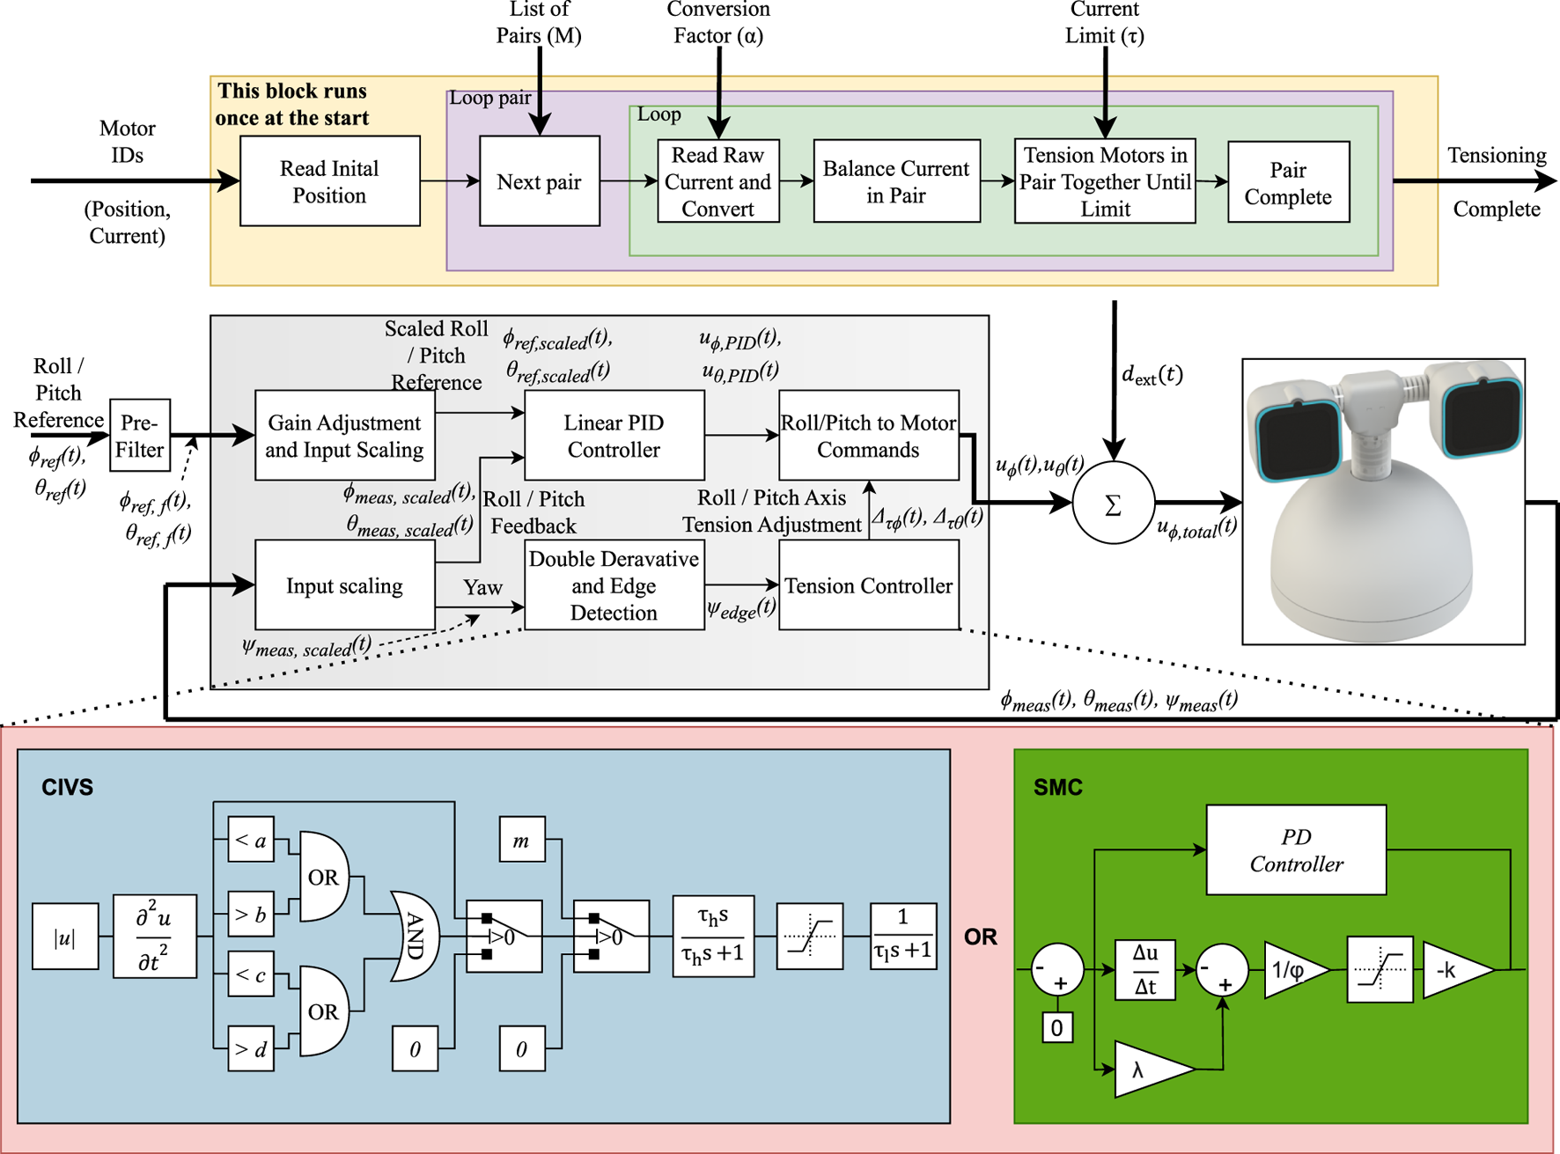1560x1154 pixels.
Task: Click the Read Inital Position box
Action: [x=329, y=181]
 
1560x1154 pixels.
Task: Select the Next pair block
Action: [x=539, y=181]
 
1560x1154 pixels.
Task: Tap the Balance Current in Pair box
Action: [x=896, y=181]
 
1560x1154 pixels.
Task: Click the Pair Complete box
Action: [x=1288, y=182]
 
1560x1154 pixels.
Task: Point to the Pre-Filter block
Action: [x=140, y=436]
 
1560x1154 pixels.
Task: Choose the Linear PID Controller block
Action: [x=614, y=436]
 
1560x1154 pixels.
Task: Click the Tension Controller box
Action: [x=868, y=585]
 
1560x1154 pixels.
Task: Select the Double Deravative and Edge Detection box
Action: [x=614, y=585]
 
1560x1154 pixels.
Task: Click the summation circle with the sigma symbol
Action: [x=1113, y=504]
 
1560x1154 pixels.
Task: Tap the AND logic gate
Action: [x=414, y=936]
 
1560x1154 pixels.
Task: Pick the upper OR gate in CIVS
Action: [x=323, y=877]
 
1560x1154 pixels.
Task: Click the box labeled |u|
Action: [x=65, y=937]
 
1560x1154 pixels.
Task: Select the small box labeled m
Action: [x=521, y=840]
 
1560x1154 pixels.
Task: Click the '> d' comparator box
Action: [x=251, y=1048]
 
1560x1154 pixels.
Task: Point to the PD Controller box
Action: [x=1296, y=850]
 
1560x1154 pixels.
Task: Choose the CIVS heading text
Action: [x=67, y=787]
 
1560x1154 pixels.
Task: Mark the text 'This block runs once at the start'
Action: [x=292, y=105]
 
